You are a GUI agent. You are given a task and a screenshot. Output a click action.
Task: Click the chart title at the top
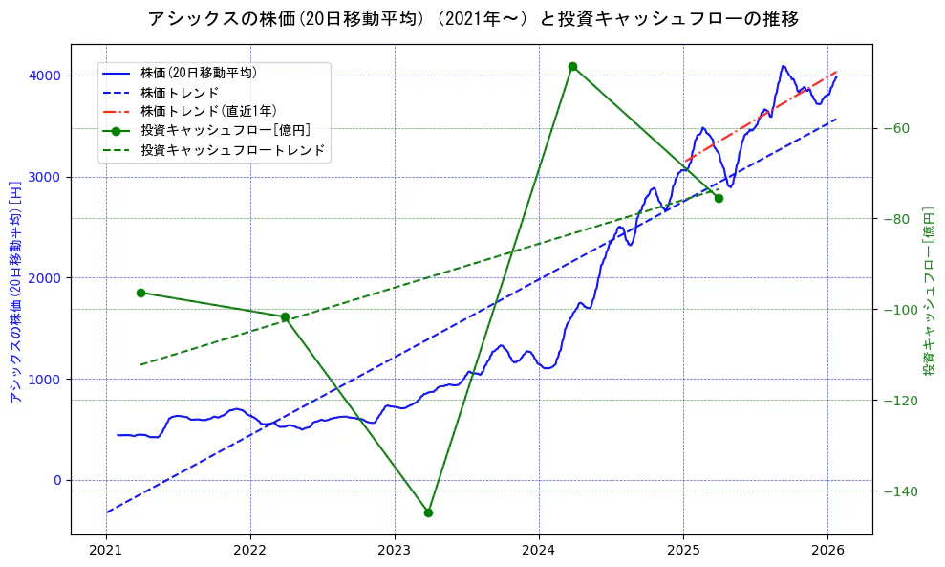(473, 19)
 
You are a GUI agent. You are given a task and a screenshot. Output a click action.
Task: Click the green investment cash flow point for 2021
(140, 293)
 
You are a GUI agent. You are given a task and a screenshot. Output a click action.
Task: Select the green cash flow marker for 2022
(285, 316)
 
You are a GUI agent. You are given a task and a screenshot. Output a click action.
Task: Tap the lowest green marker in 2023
(428, 512)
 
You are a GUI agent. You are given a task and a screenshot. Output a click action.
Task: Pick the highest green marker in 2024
(572, 66)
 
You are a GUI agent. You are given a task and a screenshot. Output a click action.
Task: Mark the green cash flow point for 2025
(719, 198)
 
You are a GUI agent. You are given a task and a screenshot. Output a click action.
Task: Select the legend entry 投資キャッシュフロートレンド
(232, 150)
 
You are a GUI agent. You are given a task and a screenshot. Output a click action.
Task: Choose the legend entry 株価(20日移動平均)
(198, 72)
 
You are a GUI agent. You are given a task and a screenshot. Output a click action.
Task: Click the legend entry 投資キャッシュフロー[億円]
(225, 130)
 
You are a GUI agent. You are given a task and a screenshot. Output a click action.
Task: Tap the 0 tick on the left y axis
(55, 480)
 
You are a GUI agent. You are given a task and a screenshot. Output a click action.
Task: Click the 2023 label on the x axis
(395, 551)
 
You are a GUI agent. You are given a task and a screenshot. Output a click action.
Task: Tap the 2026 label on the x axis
(827, 551)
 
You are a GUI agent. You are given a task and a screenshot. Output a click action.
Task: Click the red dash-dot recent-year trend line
(764, 114)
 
